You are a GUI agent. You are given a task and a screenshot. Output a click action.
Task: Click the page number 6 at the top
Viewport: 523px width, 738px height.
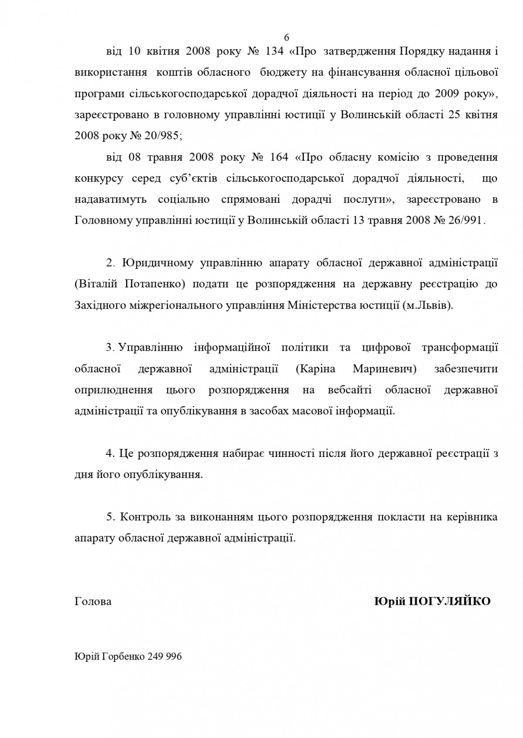286,37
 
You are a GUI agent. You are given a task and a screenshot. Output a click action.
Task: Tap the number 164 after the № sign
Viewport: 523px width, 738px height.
279,157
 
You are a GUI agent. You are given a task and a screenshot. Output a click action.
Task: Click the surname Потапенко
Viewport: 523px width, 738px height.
155,284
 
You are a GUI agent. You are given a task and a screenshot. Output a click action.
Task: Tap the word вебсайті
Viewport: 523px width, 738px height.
350,390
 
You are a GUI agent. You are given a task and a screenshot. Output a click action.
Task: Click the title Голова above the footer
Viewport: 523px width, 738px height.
93,601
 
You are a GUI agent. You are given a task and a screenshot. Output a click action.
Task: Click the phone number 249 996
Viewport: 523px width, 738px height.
165,657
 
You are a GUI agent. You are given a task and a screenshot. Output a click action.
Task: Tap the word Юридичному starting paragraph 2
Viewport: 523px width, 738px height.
158,263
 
